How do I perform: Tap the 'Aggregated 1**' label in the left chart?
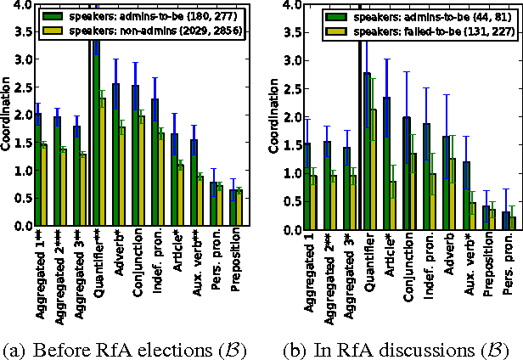click(41, 271)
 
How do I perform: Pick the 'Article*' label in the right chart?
click(391, 258)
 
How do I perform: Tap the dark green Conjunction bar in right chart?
click(407, 173)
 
